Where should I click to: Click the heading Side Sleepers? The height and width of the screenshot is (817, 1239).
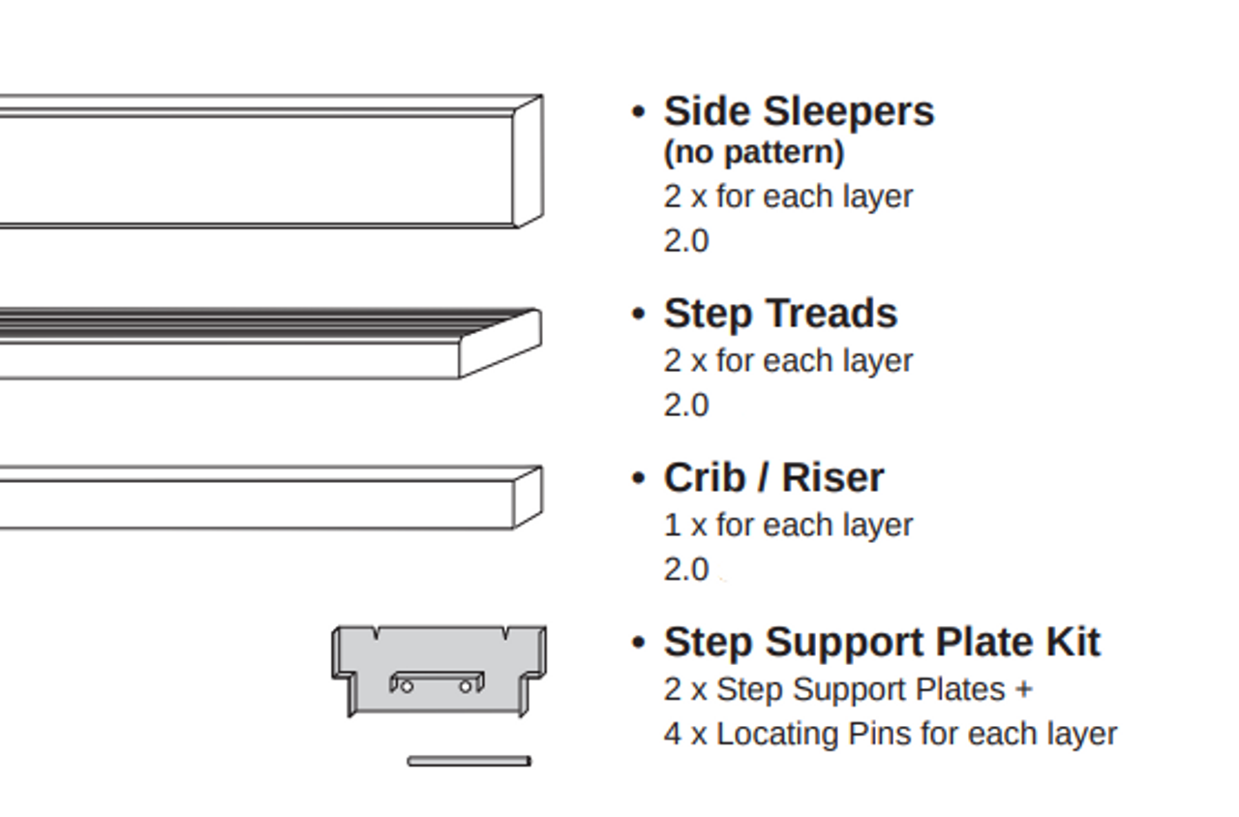pos(799,111)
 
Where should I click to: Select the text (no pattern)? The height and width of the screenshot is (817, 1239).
pos(754,153)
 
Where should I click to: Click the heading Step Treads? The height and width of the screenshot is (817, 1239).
pos(780,314)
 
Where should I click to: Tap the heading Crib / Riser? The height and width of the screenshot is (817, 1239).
pos(773,477)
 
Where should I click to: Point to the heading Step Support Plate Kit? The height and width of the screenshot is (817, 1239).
pos(882,642)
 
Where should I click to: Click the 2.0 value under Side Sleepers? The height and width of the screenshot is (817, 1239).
pos(686,240)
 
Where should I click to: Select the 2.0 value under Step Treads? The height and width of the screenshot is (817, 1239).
pos(686,405)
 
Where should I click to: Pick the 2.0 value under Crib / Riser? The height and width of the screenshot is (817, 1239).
pos(686,569)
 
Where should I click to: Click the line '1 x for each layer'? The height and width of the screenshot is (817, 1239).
pos(788,525)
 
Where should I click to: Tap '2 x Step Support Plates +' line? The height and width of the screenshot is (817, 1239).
pos(848,689)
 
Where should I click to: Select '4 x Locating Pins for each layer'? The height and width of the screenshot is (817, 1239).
pos(890,734)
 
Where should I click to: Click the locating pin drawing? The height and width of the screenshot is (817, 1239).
pos(468,762)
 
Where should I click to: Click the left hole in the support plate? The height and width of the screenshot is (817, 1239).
pos(407,686)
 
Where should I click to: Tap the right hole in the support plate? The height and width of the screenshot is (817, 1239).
pos(466,686)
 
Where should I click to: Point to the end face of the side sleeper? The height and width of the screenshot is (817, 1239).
pos(528,162)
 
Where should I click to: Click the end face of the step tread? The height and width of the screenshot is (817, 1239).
pos(499,344)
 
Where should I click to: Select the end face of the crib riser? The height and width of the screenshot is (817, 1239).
pos(528,498)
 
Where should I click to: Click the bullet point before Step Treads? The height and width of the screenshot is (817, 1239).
pos(638,314)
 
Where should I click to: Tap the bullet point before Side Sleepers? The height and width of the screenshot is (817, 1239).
pos(638,111)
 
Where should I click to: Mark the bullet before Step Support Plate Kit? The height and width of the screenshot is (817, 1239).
pos(638,642)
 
